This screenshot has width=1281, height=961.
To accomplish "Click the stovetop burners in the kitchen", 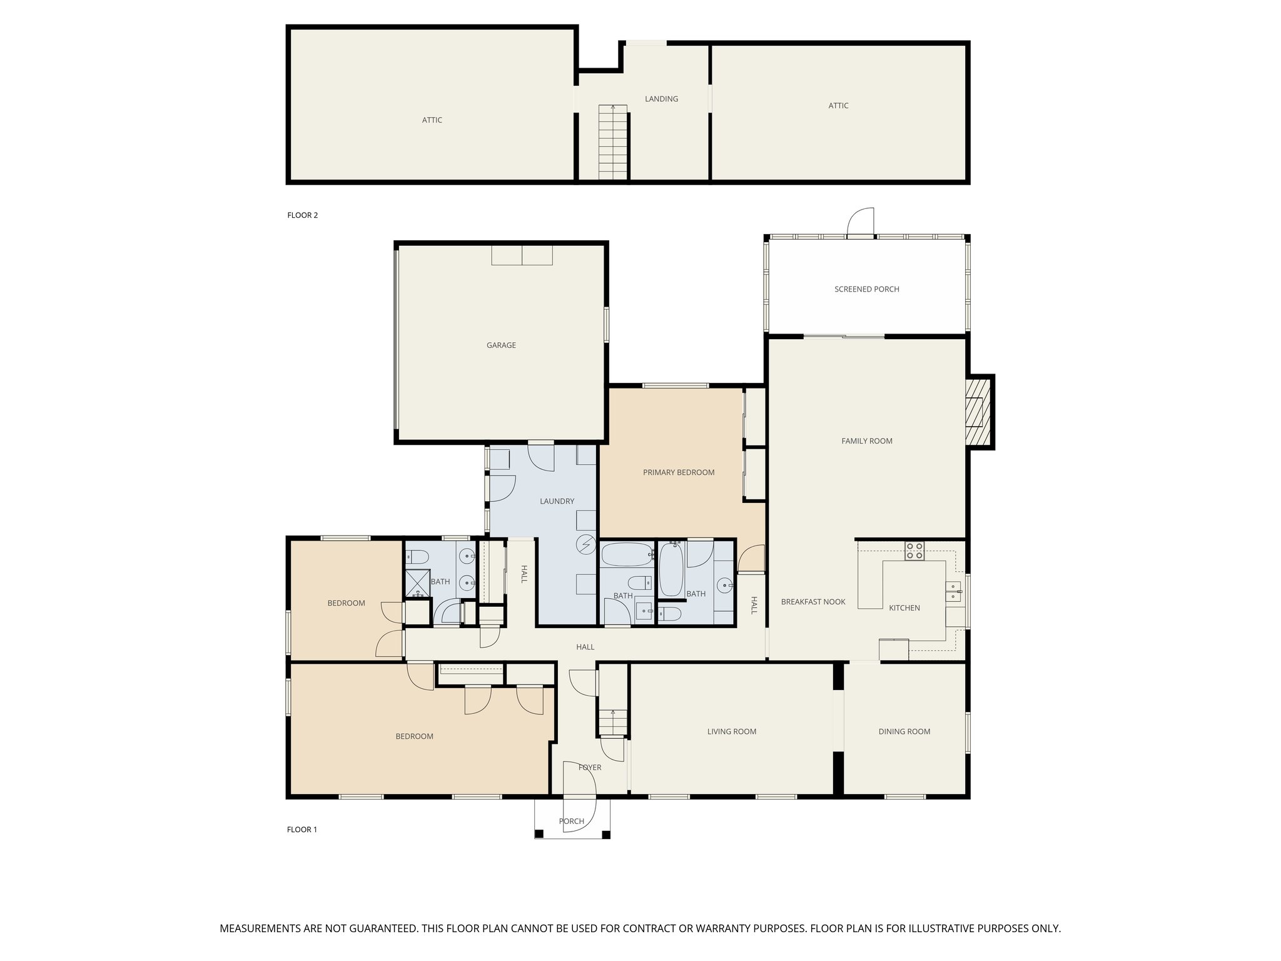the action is click(914, 551).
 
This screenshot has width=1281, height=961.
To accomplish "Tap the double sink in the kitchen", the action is click(953, 591).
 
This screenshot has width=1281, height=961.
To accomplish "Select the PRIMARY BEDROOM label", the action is click(679, 472).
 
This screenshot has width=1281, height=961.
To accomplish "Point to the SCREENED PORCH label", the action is click(867, 289).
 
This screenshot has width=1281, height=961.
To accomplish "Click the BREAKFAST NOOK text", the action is click(813, 602).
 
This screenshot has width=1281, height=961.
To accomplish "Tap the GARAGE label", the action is click(502, 345).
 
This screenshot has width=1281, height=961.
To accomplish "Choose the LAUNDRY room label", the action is click(557, 501).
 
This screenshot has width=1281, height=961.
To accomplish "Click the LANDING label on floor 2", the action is click(662, 99).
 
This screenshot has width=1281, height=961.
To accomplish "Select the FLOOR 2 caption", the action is click(303, 215).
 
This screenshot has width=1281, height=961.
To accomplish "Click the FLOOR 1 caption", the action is click(302, 830).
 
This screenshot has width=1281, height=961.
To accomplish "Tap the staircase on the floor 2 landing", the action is click(613, 143).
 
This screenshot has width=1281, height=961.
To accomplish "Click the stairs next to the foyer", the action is click(613, 722).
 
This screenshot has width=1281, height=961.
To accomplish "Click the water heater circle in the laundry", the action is click(587, 545).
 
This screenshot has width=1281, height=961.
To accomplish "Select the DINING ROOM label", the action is click(904, 731).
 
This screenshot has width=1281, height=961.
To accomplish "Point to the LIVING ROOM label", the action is click(732, 731).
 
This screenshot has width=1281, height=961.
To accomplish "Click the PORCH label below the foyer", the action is click(572, 821).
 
